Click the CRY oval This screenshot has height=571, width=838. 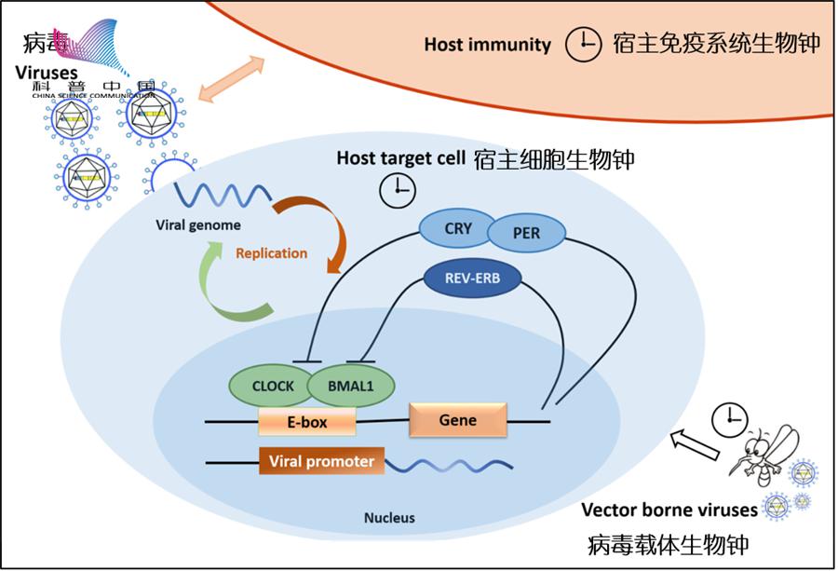[458, 227]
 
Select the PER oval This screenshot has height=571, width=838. [526, 234]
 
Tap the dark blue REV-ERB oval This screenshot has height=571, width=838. [472, 276]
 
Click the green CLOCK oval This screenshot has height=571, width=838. [273, 386]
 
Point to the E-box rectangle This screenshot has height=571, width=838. [307, 423]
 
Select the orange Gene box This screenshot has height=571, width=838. [458, 420]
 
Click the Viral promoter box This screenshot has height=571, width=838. [321, 461]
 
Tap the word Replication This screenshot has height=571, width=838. [271, 252]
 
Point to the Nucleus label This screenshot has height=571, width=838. [389, 518]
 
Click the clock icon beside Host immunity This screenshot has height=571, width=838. [585, 43]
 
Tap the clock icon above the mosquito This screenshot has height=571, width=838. [729, 420]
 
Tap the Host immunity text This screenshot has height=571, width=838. [487, 44]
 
